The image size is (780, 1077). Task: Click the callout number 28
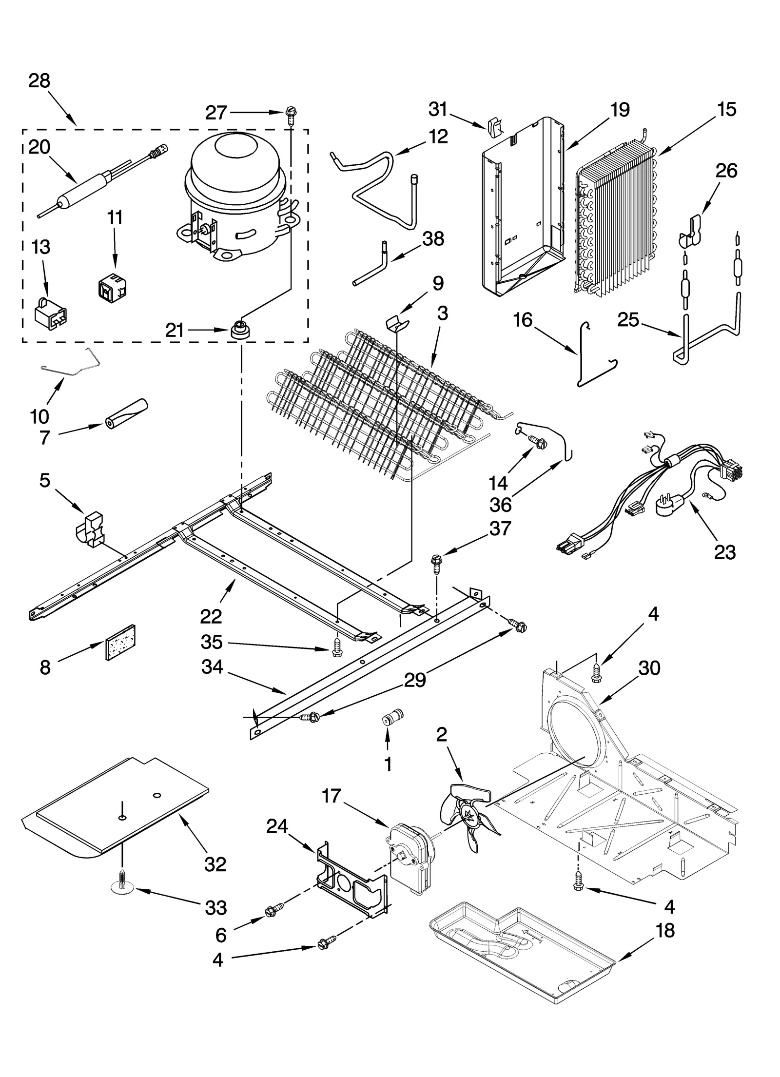(x=39, y=81)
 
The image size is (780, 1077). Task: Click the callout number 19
(x=620, y=110)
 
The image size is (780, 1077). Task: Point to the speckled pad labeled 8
(x=120, y=642)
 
